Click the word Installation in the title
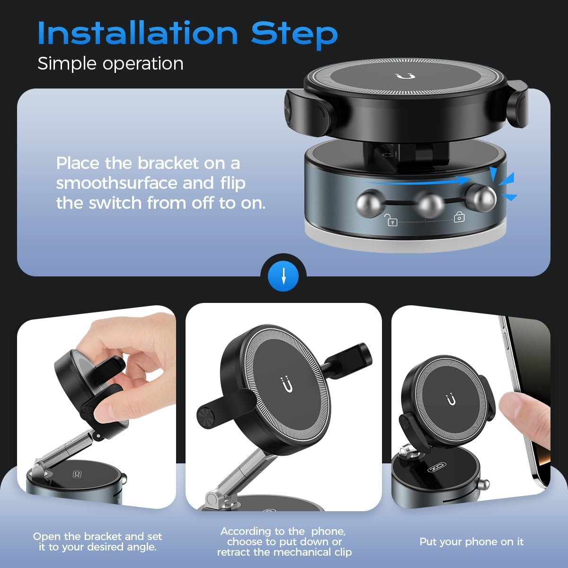coord(138,33)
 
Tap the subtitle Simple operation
coord(110,63)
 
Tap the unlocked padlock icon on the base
coord(390,220)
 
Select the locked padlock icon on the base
coord(459,217)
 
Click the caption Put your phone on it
coord(471,541)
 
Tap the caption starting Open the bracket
coord(98,541)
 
